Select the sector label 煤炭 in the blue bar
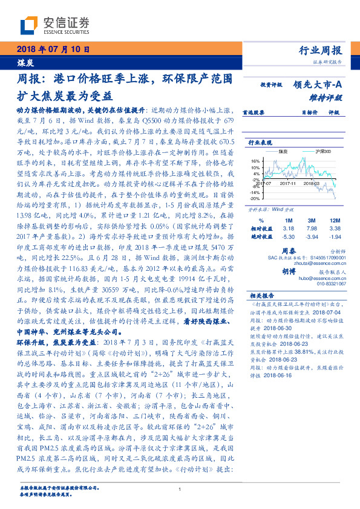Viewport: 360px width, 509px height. coord(25,62)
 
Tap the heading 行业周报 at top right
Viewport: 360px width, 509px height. coord(321,50)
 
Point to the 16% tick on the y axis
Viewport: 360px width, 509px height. coord(254,161)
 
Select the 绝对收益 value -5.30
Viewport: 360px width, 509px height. coord(287,237)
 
